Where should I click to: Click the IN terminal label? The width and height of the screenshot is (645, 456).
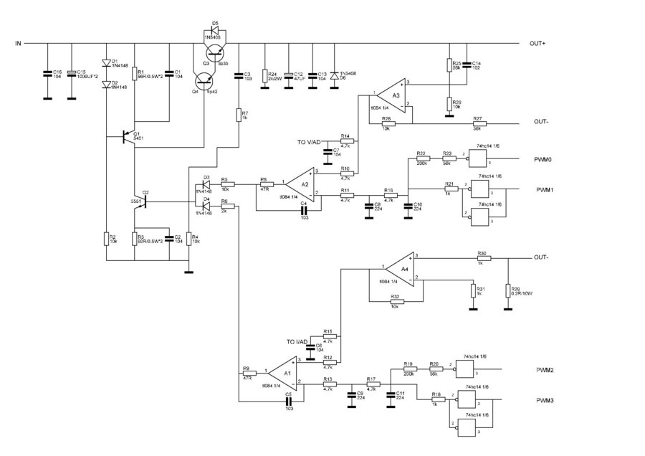coord(19,44)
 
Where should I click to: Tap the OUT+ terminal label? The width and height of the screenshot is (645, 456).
coord(537,44)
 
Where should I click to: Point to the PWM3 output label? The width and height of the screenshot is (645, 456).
coord(545,400)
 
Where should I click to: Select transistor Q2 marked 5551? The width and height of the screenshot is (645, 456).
coord(143,202)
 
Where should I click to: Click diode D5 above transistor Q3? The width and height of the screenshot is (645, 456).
coord(213,32)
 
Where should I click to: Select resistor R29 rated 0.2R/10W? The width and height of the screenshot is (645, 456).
coord(507,289)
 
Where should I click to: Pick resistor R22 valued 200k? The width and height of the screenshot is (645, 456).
coord(420,158)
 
